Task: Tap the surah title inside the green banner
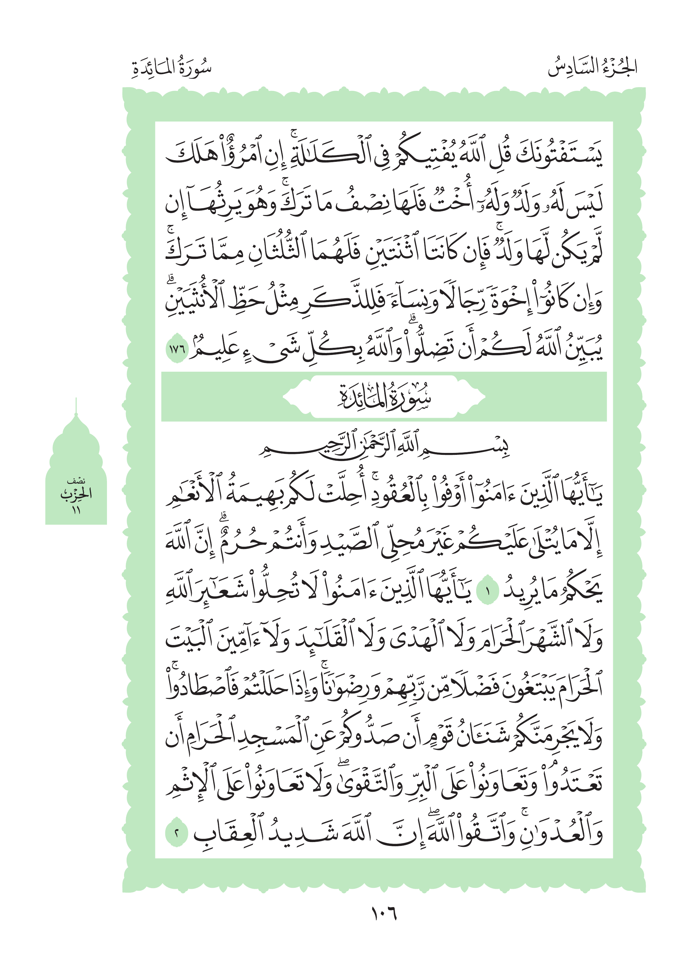click(384, 397)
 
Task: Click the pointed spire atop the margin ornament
click(76, 406)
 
